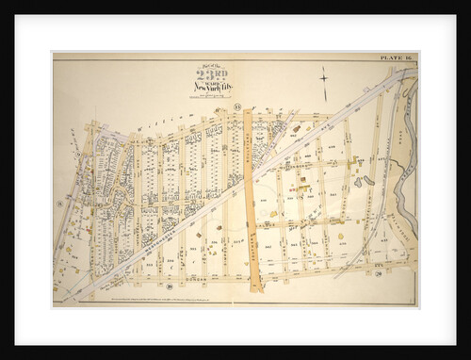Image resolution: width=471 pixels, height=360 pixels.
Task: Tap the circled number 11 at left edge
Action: click(58, 202)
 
